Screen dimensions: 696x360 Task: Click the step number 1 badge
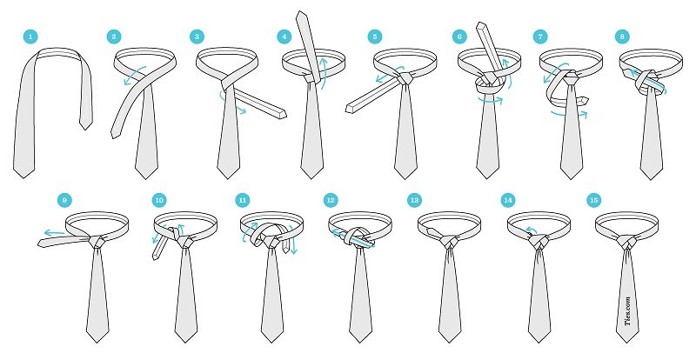[x=30, y=37]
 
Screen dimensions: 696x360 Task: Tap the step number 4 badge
[x=284, y=37]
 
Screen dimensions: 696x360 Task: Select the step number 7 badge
[x=540, y=37]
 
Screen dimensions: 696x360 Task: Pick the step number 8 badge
[x=622, y=37]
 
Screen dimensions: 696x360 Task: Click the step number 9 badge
[x=64, y=201]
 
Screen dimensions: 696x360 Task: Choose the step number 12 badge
[x=331, y=201]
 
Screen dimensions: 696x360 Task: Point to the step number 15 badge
[x=593, y=201]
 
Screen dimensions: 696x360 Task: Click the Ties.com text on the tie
[x=627, y=311]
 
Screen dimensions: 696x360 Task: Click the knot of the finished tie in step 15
[x=626, y=242]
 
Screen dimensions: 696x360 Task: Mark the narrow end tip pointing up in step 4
[x=302, y=14]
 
